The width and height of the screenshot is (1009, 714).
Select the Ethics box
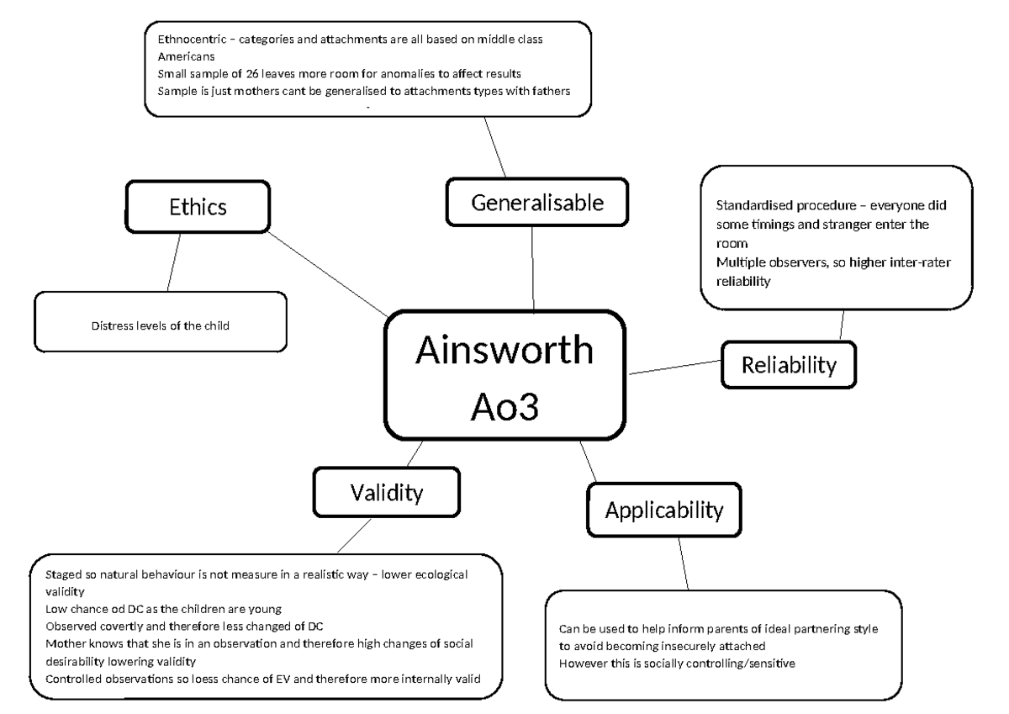(x=198, y=207)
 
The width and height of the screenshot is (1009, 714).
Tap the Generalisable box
(x=536, y=202)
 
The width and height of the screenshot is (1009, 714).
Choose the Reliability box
(x=789, y=365)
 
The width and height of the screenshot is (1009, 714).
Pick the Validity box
(x=386, y=492)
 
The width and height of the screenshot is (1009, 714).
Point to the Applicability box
(x=664, y=509)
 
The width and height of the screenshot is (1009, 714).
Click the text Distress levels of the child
(x=160, y=326)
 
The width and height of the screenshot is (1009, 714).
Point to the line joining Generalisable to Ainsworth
(x=533, y=269)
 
